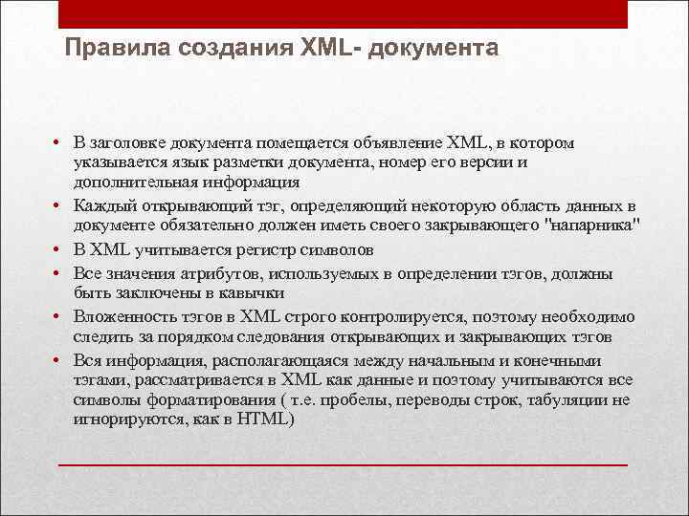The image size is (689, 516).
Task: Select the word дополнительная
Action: pos(136,182)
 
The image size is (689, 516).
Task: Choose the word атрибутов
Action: pos(212,274)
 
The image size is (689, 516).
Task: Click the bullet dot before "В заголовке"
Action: pos(59,143)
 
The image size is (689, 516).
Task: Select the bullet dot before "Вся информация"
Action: pos(59,360)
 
